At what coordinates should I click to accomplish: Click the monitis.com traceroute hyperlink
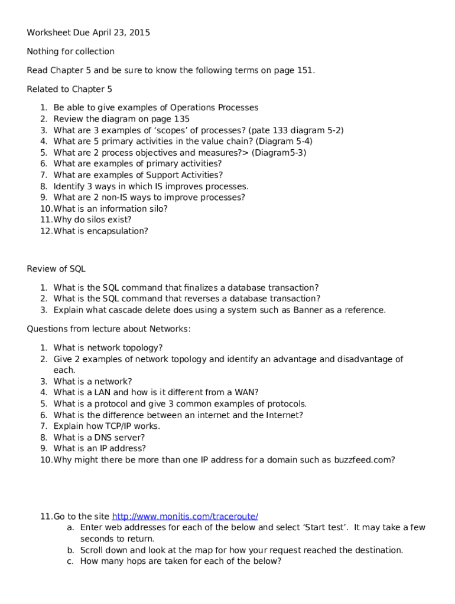point(185,516)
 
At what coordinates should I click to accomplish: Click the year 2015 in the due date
point(139,32)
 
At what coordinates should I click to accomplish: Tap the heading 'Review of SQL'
point(56,268)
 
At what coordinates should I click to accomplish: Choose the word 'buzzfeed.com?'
point(367,459)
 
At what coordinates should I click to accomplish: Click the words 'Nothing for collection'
point(71,51)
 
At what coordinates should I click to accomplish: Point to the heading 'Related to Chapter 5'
point(69,89)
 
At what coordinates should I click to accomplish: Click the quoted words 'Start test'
point(326,527)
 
